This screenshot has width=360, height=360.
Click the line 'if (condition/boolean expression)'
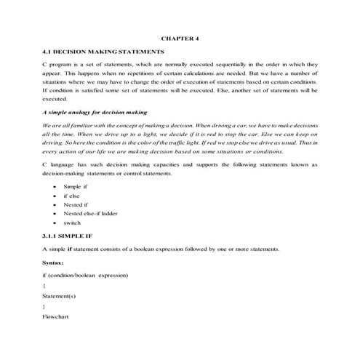coord(86,276)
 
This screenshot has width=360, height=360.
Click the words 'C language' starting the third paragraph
coord(59,166)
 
